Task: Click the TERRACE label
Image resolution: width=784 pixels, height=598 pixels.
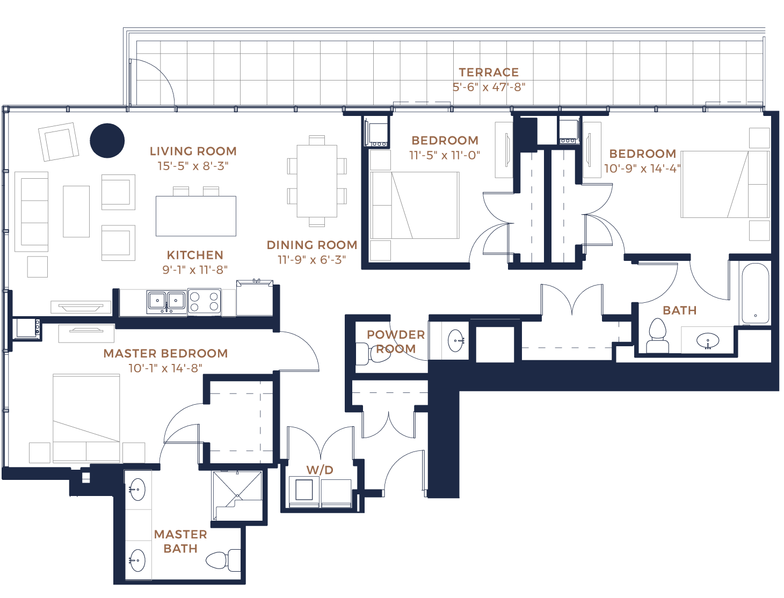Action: click(x=489, y=72)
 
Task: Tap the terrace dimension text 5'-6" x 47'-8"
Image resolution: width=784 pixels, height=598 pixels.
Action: click(x=489, y=87)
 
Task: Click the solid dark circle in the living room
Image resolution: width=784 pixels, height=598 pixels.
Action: click(x=107, y=141)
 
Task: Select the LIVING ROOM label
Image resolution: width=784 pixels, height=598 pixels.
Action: click(x=193, y=151)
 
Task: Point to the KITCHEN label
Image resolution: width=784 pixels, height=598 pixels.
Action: click(x=195, y=256)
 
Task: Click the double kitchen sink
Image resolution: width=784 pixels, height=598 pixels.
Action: click(x=166, y=302)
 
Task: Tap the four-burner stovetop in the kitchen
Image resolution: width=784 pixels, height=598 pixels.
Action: click(x=204, y=302)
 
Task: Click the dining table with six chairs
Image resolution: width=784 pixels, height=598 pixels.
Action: click(x=317, y=181)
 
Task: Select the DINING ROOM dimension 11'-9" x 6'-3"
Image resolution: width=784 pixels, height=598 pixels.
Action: click(x=312, y=260)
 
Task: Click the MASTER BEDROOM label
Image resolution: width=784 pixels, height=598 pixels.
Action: click(x=166, y=353)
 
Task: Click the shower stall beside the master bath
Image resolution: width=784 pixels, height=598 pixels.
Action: click(x=237, y=495)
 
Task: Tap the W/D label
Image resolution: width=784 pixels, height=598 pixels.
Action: click(x=320, y=470)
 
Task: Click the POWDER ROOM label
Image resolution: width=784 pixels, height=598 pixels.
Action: click(x=396, y=341)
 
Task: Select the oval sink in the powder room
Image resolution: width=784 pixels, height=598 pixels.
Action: click(x=456, y=340)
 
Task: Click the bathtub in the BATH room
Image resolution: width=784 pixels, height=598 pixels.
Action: click(x=756, y=294)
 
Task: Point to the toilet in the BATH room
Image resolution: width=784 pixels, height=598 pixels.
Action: click(x=658, y=336)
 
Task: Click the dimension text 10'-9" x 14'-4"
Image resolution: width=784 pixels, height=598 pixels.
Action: click(x=643, y=169)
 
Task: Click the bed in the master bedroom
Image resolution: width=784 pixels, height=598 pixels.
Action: click(x=86, y=418)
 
